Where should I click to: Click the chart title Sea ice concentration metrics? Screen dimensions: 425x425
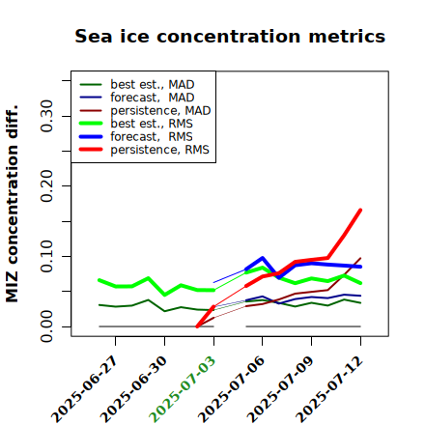coord(230,36)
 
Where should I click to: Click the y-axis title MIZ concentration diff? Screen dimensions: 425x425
coord(12,204)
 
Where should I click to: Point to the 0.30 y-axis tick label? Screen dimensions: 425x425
coord(46,116)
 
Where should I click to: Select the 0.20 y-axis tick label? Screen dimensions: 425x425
coord(46,185)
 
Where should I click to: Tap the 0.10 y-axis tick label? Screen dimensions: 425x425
coord(46,256)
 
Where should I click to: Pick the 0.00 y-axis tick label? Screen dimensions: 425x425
coord(46,326)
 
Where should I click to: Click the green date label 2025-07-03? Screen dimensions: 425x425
coord(182,389)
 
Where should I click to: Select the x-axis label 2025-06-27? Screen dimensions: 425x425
coord(83,389)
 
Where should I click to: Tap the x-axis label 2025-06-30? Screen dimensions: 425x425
coord(133,389)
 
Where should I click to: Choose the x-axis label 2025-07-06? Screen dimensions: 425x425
coord(231,389)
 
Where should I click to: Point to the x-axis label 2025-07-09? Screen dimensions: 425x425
coord(280,389)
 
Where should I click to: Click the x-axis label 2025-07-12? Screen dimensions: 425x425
coord(329,389)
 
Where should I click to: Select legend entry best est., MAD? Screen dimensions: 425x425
coord(137,84)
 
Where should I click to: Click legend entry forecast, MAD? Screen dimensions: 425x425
coord(137,98)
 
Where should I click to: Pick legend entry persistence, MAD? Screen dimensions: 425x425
coord(145,110)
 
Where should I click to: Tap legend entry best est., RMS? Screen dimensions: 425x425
coord(136,124)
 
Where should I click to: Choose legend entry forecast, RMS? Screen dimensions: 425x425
coord(136,136)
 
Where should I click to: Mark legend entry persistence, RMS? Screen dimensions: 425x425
coord(144,150)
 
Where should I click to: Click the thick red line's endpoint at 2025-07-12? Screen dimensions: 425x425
coord(360,210)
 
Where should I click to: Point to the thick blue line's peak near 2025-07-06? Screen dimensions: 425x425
coord(263,258)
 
